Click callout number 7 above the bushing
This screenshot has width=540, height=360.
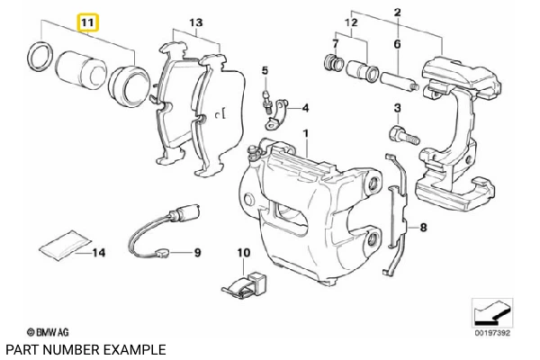(336, 43)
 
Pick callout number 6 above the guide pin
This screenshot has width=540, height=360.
(397, 43)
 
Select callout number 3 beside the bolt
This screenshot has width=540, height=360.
(397, 109)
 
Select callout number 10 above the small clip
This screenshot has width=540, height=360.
(242, 254)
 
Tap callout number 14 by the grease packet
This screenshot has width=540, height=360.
(98, 253)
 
